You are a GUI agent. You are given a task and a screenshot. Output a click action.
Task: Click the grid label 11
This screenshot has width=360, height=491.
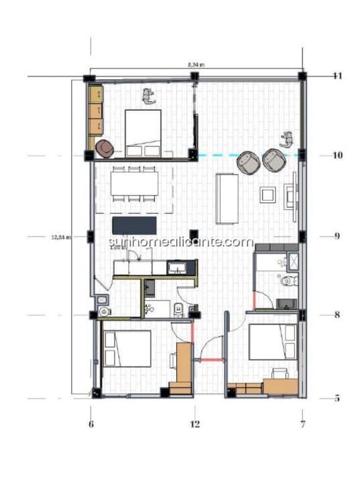pyautogui.click(x=338, y=76)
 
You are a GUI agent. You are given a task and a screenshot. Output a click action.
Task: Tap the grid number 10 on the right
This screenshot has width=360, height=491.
pyautogui.click(x=338, y=155)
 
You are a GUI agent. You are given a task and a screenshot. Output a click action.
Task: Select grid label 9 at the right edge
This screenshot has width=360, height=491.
pyautogui.click(x=338, y=236)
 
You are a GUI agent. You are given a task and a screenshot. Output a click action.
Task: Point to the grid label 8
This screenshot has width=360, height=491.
pyautogui.click(x=337, y=314)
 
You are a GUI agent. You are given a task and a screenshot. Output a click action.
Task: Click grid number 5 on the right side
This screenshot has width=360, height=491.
pyautogui.click(x=337, y=398)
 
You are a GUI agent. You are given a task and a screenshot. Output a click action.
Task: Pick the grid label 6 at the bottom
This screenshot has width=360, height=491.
pyautogui.click(x=91, y=423)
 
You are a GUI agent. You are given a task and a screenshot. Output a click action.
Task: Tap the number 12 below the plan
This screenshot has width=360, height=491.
pyautogui.click(x=195, y=423)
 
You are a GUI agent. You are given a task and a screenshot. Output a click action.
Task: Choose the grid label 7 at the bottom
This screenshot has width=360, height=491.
pyautogui.click(x=303, y=423)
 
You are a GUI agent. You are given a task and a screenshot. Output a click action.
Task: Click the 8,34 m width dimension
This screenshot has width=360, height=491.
pyautogui.click(x=196, y=64)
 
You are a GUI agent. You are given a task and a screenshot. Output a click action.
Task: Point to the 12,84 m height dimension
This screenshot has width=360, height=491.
pyautogui.click(x=60, y=236)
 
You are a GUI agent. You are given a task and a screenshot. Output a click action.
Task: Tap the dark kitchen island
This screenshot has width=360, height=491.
pyautogui.click(x=134, y=224)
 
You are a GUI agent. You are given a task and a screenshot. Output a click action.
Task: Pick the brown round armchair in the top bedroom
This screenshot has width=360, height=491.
pyautogui.click(x=105, y=148)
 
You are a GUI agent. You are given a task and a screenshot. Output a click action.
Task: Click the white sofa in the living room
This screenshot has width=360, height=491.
pyautogui.click(x=226, y=198)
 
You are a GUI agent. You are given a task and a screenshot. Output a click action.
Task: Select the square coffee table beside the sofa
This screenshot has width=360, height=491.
pyautogui.click(x=268, y=195)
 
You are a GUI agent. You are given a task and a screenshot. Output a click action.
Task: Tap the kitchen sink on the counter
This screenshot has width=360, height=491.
pyautogui.click(x=178, y=269)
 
